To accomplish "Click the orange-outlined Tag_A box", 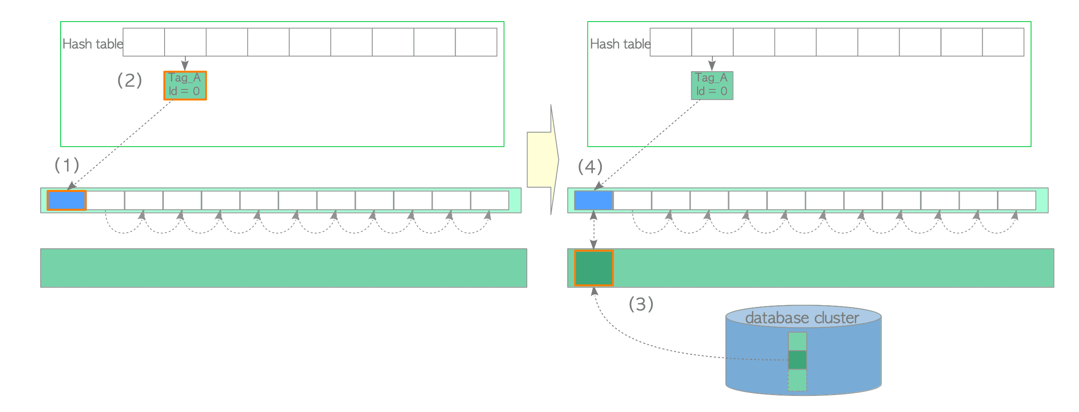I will coord(185,86).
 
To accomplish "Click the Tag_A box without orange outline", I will coord(712,86).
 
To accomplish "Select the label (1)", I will coord(67,165).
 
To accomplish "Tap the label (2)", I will coord(129,80).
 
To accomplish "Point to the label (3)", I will coord(640,304).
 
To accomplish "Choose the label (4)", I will coord(590,167).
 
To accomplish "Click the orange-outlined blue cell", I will coord(67,200).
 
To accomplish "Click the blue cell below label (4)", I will coord(593,200).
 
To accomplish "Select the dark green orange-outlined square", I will coord(593,268).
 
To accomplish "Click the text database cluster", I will coord(802,318).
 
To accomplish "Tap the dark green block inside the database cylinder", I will coord(797,359).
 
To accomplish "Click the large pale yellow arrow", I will coord(542,160).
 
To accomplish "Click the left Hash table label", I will coord(92,44).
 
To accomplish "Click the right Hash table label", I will coord(620,44).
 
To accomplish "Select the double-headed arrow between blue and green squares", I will coord(593,230).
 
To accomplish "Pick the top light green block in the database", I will coord(797,341).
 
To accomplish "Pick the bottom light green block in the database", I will coord(797,380).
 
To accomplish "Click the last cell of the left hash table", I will coord(476,42).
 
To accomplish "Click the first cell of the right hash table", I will coord(671,42).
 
